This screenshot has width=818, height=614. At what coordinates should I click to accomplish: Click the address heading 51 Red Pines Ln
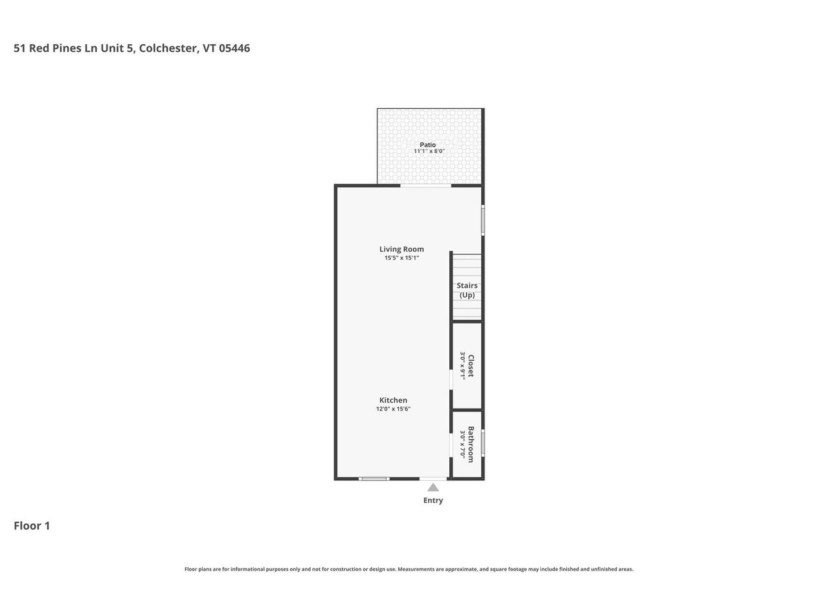click(x=132, y=48)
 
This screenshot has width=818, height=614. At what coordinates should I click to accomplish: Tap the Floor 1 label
click(x=32, y=526)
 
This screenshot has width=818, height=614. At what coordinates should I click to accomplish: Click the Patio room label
click(x=428, y=145)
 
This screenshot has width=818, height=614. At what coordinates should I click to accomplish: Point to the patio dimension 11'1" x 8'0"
click(x=429, y=152)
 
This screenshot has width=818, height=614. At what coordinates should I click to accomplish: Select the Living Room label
click(x=401, y=249)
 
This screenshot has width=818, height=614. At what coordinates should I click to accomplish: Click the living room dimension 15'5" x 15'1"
click(x=401, y=258)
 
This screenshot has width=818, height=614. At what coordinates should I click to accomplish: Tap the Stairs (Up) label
click(x=467, y=290)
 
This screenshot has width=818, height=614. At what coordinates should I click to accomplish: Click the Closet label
click(x=471, y=366)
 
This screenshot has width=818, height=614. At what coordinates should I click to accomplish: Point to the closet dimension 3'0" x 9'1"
click(x=463, y=366)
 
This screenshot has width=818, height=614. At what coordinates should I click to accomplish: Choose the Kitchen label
click(x=393, y=400)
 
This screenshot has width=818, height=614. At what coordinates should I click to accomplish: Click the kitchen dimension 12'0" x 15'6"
click(x=393, y=409)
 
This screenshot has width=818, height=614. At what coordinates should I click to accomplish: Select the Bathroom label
click(x=471, y=445)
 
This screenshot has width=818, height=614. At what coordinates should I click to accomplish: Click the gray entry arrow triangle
click(x=433, y=487)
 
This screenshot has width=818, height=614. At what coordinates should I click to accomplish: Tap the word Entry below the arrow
click(x=433, y=500)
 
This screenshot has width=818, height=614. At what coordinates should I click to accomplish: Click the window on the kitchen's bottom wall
click(x=374, y=478)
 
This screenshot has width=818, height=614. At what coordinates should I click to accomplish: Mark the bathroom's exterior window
click(x=483, y=443)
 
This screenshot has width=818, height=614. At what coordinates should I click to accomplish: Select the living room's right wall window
click(x=483, y=220)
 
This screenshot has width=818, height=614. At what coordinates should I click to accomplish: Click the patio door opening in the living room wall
click(x=426, y=186)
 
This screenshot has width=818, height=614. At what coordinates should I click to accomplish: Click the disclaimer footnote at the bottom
click(x=409, y=569)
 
